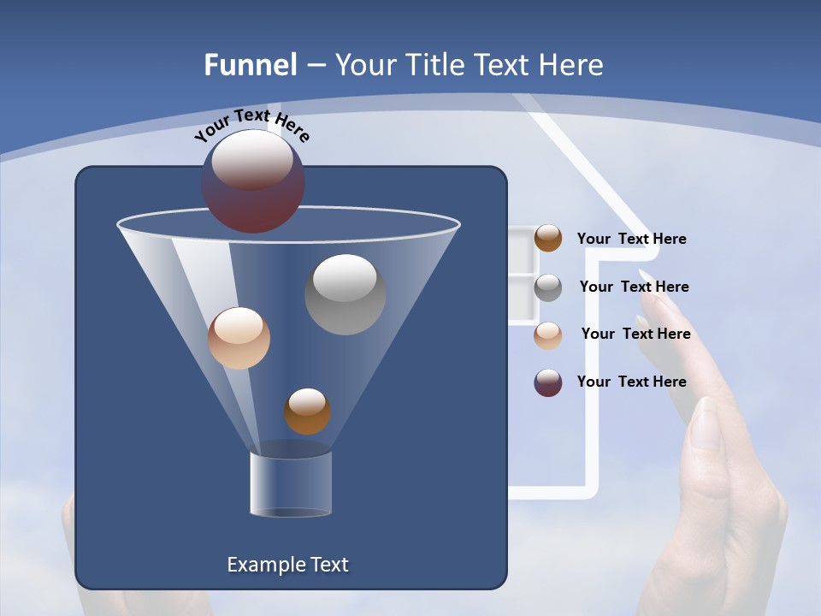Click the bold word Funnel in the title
coord(250,65)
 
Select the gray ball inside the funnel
coord(345,294)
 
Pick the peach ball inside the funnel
coord(239,338)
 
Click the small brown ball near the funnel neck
coord(307,412)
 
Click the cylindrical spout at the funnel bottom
coord(291,483)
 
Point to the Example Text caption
coord(287,565)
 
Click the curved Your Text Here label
coord(251,125)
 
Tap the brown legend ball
coord(548,239)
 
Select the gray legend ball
coord(548,287)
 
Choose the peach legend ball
coord(548,335)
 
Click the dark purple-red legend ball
coord(548,382)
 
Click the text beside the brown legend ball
coord(631,240)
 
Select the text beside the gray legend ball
coord(634,287)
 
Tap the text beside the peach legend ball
coord(635,335)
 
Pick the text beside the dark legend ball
coord(631,382)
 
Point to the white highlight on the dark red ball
coord(251,159)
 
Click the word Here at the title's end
coord(572,65)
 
